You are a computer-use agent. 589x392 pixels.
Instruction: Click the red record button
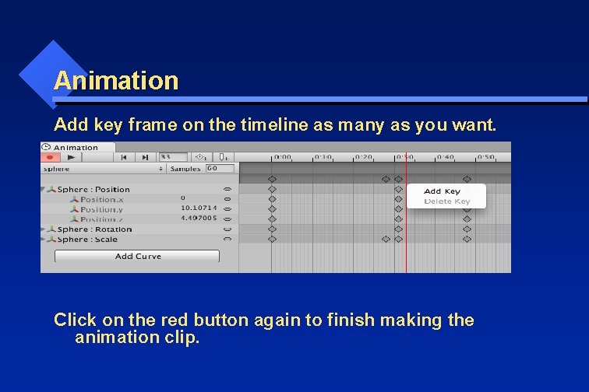49,157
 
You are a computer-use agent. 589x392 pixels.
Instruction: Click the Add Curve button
138,256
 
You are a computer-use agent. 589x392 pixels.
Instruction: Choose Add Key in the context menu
442,191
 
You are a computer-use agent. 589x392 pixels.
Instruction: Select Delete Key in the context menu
446,201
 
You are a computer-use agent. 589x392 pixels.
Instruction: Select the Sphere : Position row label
93,190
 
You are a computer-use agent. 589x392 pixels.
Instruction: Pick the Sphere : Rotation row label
94,229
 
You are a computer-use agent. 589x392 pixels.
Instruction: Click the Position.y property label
101,209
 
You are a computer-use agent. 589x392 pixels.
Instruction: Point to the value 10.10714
199,208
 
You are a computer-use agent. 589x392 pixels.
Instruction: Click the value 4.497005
199,219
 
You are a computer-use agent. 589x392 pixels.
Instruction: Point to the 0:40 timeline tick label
445,157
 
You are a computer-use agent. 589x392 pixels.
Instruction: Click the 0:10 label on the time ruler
323,157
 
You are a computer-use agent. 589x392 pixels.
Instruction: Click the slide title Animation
116,80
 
